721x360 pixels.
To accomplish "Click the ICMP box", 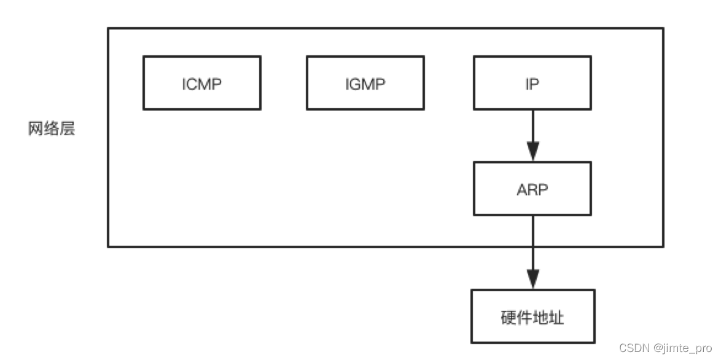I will (x=201, y=83).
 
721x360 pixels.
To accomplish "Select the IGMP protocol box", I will (x=365, y=83).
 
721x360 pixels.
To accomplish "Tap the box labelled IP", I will (x=532, y=83).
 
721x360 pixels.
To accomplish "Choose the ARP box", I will (x=532, y=189).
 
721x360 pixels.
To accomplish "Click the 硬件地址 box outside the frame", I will (x=532, y=316).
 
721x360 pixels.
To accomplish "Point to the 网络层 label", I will (x=52, y=129).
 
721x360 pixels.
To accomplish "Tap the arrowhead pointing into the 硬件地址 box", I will (x=532, y=279).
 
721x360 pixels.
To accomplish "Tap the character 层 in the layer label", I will (x=68, y=129).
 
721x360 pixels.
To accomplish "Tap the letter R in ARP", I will (x=532, y=189).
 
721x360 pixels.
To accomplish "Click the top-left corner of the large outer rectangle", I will (x=109, y=28).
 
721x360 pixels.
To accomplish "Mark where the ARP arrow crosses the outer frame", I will (x=532, y=246).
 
